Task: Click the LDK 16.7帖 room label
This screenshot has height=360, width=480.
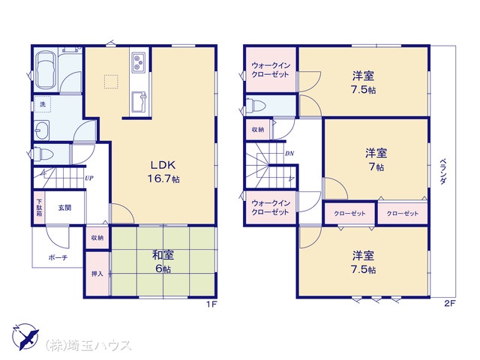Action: (x=163, y=172)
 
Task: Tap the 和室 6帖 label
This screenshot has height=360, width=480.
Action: (x=163, y=262)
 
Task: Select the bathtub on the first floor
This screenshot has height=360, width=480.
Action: (x=46, y=70)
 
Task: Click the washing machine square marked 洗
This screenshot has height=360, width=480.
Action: (x=43, y=104)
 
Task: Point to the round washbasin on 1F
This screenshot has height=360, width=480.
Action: (x=42, y=130)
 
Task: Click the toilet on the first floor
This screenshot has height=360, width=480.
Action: (x=43, y=153)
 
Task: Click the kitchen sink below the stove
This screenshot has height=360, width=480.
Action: (x=139, y=102)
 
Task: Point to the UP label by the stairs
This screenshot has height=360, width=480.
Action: (x=89, y=178)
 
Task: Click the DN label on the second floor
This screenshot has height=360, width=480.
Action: (x=289, y=153)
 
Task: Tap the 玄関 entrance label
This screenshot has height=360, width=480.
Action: (x=65, y=208)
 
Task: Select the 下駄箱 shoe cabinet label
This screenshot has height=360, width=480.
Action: (x=39, y=208)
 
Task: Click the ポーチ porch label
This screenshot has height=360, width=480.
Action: (x=58, y=257)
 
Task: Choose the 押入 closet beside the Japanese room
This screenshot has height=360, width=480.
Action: (x=97, y=274)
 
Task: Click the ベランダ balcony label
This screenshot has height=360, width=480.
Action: (x=443, y=172)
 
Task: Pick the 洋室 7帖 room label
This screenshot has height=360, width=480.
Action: (x=376, y=160)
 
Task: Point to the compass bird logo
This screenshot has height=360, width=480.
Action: (x=25, y=337)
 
